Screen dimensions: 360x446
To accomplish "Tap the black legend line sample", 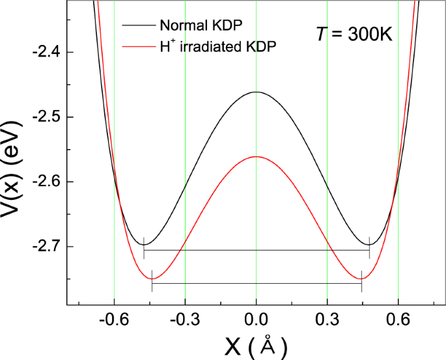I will tap(137, 27).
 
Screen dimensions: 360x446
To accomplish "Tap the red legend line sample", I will tap(137, 48).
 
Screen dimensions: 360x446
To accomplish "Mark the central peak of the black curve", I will tap(256, 92).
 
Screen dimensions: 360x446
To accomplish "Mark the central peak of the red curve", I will tap(256, 157).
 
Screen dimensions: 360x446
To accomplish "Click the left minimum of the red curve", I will tap(152, 279).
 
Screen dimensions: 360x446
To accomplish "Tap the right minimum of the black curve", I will tap(369, 245).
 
